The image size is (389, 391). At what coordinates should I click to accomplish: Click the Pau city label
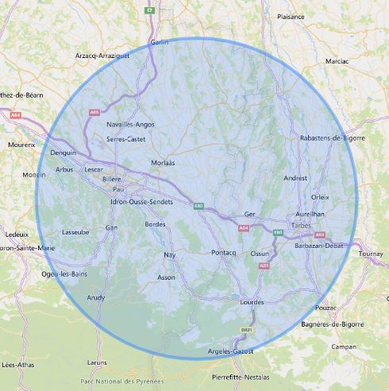click(119, 189)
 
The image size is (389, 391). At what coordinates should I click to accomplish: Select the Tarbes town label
click(302, 225)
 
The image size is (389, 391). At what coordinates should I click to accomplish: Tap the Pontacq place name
click(225, 252)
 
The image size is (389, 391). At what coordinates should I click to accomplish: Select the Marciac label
click(337, 60)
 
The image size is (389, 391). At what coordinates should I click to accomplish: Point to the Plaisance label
click(291, 16)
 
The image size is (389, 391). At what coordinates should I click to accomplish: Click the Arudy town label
click(96, 296)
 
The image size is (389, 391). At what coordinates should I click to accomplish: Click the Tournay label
click(371, 253)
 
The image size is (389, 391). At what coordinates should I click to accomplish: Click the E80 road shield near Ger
click(199, 206)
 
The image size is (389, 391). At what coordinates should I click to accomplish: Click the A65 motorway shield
click(94, 113)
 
